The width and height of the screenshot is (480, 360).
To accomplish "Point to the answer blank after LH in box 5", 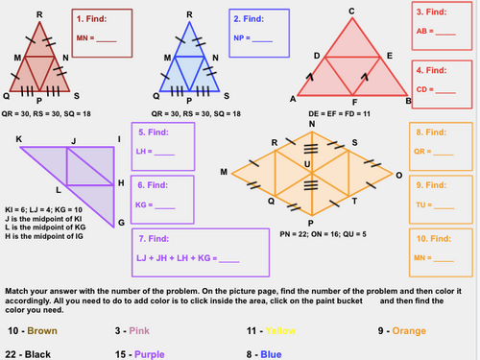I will (x=165, y=153).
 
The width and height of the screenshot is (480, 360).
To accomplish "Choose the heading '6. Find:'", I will (x=156, y=183).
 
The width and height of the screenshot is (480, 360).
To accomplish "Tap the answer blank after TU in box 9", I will (x=446, y=204).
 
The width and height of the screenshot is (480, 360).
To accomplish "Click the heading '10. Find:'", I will (x=434, y=235).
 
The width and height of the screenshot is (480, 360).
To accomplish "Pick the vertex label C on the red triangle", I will (x=352, y=11).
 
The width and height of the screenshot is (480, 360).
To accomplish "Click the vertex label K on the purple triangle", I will (x=19, y=139).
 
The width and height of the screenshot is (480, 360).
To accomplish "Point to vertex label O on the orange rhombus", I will (x=398, y=176).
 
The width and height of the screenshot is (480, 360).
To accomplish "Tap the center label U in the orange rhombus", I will (x=307, y=164).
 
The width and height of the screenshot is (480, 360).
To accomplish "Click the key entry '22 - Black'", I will (x=31, y=355).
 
